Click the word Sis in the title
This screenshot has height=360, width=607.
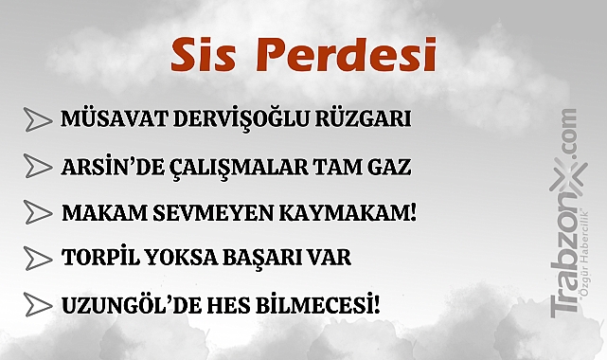tap(202, 55)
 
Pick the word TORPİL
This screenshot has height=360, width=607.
tap(96, 258)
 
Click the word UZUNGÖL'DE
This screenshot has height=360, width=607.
tap(116, 304)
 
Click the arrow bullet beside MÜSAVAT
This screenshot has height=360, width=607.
tap(37, 120)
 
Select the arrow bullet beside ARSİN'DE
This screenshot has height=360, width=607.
tap(37, 167)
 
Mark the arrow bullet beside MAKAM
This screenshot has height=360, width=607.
tap(37, 212)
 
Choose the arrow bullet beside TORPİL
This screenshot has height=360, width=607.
tap(37, 258)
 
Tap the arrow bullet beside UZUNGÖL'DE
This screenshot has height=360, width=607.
tap(37, 304)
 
